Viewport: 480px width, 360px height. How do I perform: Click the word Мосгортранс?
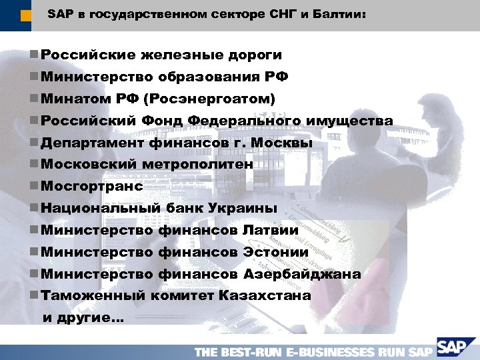92,186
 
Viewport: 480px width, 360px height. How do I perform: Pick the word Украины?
247,208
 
